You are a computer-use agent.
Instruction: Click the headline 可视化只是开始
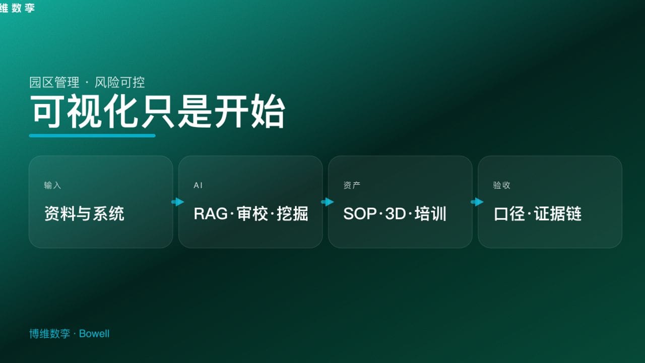tap(158, 111)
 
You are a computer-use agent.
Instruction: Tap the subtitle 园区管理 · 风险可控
tap(87, 82)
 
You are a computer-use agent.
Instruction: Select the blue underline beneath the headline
tap(92, 135)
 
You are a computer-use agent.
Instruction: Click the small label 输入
tap(52, 186)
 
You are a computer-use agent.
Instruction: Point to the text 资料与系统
tap(84, 214)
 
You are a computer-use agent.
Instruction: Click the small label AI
tap(198, 186)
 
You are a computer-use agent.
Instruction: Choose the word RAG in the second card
tap(211, 214)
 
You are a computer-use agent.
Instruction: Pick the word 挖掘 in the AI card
tap(292, 214)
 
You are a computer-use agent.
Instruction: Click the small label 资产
tap(352, 186)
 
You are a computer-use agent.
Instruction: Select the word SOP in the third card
tap(360, 214)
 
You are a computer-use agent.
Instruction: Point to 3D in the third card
tap(395, 214)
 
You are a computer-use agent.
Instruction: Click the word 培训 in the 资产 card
tap(431, 214)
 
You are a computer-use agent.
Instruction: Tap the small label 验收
tap(501, 186)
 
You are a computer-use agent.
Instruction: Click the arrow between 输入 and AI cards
tap(177, 202)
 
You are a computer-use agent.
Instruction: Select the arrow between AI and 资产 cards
tap(327, 202)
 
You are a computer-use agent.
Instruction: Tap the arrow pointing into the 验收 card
tap(477, 202)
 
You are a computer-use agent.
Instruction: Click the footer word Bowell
tap(94, 334)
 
